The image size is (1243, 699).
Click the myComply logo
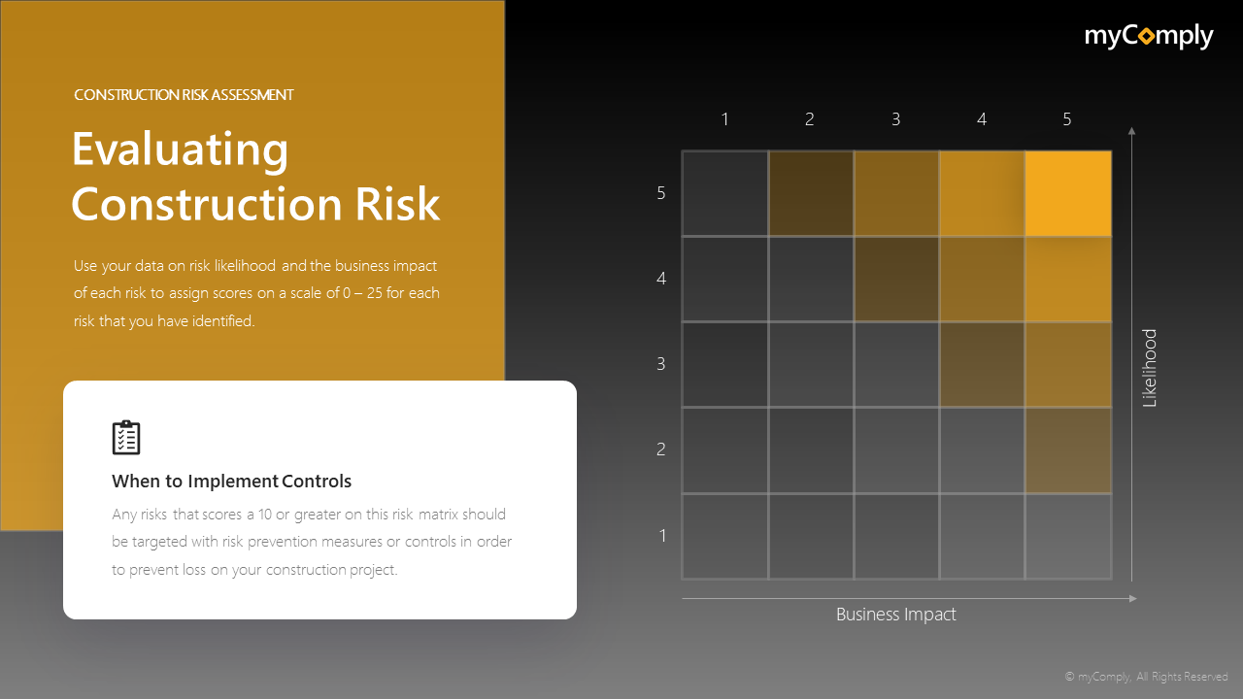point(1149,37)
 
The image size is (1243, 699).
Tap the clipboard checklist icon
point(126,438)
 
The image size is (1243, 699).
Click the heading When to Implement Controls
point(231,482)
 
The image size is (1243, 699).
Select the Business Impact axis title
point(896,615)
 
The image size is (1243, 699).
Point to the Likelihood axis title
point(1150,368)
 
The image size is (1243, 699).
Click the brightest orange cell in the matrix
point(1068,193)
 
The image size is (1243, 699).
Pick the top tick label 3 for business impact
point(895,119)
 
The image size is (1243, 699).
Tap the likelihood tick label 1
point(663,535)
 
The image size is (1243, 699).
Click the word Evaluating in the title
point(181,150)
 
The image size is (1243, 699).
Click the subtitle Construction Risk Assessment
point(184,95)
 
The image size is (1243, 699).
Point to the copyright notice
point(1146,677)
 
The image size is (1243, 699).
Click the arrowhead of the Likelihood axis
point(1132,130)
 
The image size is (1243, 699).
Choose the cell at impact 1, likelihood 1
point(724,536)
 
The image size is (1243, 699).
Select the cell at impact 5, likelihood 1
point(1068,536)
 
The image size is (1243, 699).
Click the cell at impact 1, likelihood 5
point(724,193)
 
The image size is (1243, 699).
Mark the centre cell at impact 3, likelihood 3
point(896,364)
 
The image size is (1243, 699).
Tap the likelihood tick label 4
point(661,279)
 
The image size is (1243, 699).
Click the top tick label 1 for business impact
point(724,119)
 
